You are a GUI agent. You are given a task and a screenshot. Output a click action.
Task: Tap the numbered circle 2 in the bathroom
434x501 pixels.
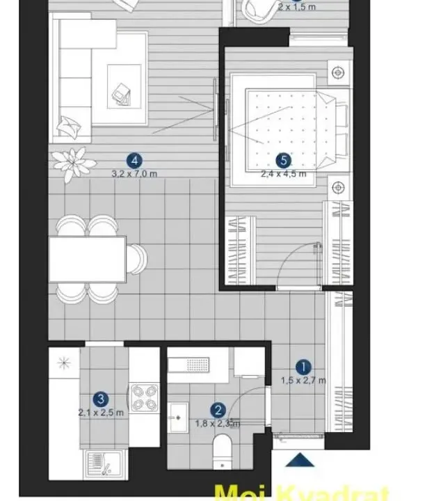coord(218,411)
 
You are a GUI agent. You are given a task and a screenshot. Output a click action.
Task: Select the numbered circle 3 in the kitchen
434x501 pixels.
coord(102,399)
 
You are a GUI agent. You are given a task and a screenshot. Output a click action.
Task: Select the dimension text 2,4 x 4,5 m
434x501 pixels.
coord(283,173)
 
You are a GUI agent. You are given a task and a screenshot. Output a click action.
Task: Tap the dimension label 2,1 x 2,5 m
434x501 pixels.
coord(101,412)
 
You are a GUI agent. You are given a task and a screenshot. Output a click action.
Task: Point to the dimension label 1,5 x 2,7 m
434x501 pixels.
coord(303,380)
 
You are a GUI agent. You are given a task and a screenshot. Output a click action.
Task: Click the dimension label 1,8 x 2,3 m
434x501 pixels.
coord(217,423)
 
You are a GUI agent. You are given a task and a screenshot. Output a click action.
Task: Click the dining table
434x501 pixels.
coord(88,258)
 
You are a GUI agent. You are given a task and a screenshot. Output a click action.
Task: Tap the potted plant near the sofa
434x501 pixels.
coord(72,164)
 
